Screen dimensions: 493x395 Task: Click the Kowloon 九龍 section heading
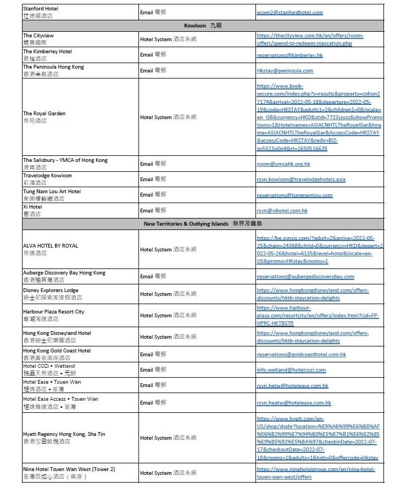[203, 26]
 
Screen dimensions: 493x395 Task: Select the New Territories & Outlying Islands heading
[203, 224]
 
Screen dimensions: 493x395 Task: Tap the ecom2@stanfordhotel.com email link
[290, 13]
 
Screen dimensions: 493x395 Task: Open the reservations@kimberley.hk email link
[290, 55]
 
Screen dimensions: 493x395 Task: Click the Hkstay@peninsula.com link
[285, 71]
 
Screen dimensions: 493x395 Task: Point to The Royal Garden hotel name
[44, 114]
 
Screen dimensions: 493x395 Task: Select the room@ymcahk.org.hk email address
[283, 164]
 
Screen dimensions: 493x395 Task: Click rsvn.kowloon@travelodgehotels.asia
[301, 180]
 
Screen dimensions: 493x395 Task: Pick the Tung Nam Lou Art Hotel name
[52, 192]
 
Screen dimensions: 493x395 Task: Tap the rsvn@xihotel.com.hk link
[282, 211]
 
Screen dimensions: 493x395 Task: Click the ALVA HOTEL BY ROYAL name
[51, 246]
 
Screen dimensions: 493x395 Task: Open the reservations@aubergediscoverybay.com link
[305, 277]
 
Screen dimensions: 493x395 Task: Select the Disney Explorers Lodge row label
[51, 290]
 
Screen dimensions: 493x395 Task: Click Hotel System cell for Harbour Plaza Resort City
[168, 316]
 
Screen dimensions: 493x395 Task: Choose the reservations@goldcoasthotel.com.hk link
[301, 355]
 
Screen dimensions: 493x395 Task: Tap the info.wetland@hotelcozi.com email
[291, 370]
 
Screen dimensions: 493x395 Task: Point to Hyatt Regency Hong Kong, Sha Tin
[64, 434]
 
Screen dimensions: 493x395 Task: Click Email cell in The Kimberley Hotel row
[153, 55]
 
